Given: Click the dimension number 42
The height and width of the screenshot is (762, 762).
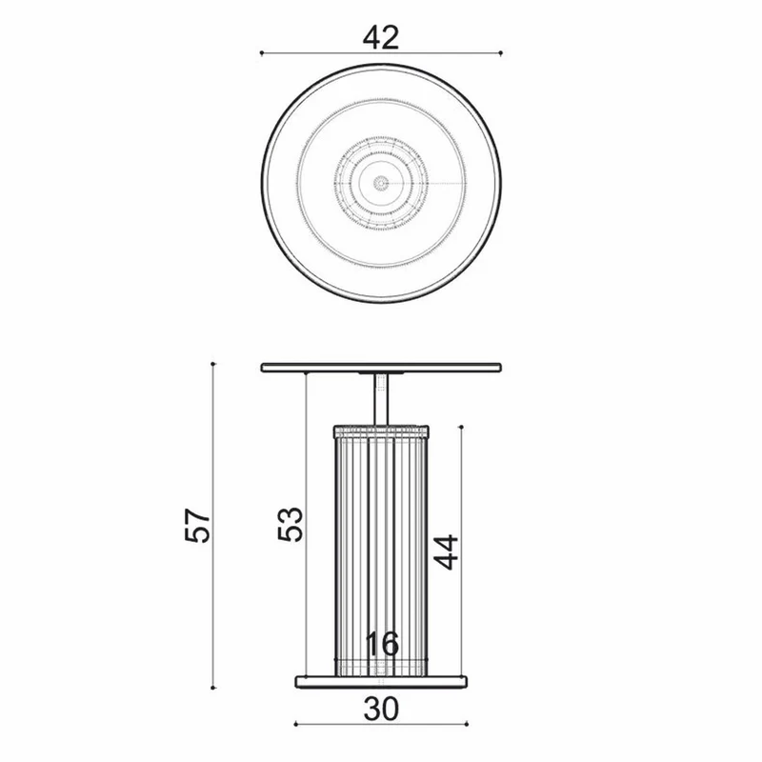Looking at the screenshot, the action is tap(381, 37).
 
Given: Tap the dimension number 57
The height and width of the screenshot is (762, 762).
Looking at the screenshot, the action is tap(197, 525).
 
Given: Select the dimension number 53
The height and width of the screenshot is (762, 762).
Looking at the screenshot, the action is tap(291, 524).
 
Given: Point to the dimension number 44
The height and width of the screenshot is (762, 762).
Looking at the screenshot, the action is tap(446, 551).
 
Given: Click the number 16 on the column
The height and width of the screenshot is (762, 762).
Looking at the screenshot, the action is tap(382, 644).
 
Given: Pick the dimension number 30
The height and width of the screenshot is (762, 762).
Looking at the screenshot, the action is tap(382, 709).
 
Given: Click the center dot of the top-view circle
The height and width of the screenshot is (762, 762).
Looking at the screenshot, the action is tap(381, 183).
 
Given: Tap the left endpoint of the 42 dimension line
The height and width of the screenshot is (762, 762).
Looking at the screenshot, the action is tap(261, 53).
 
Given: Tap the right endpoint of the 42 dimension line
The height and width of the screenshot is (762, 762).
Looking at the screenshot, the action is tap(501, 53).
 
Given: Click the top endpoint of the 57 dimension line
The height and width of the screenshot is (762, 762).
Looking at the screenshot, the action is tap(212, 364).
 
